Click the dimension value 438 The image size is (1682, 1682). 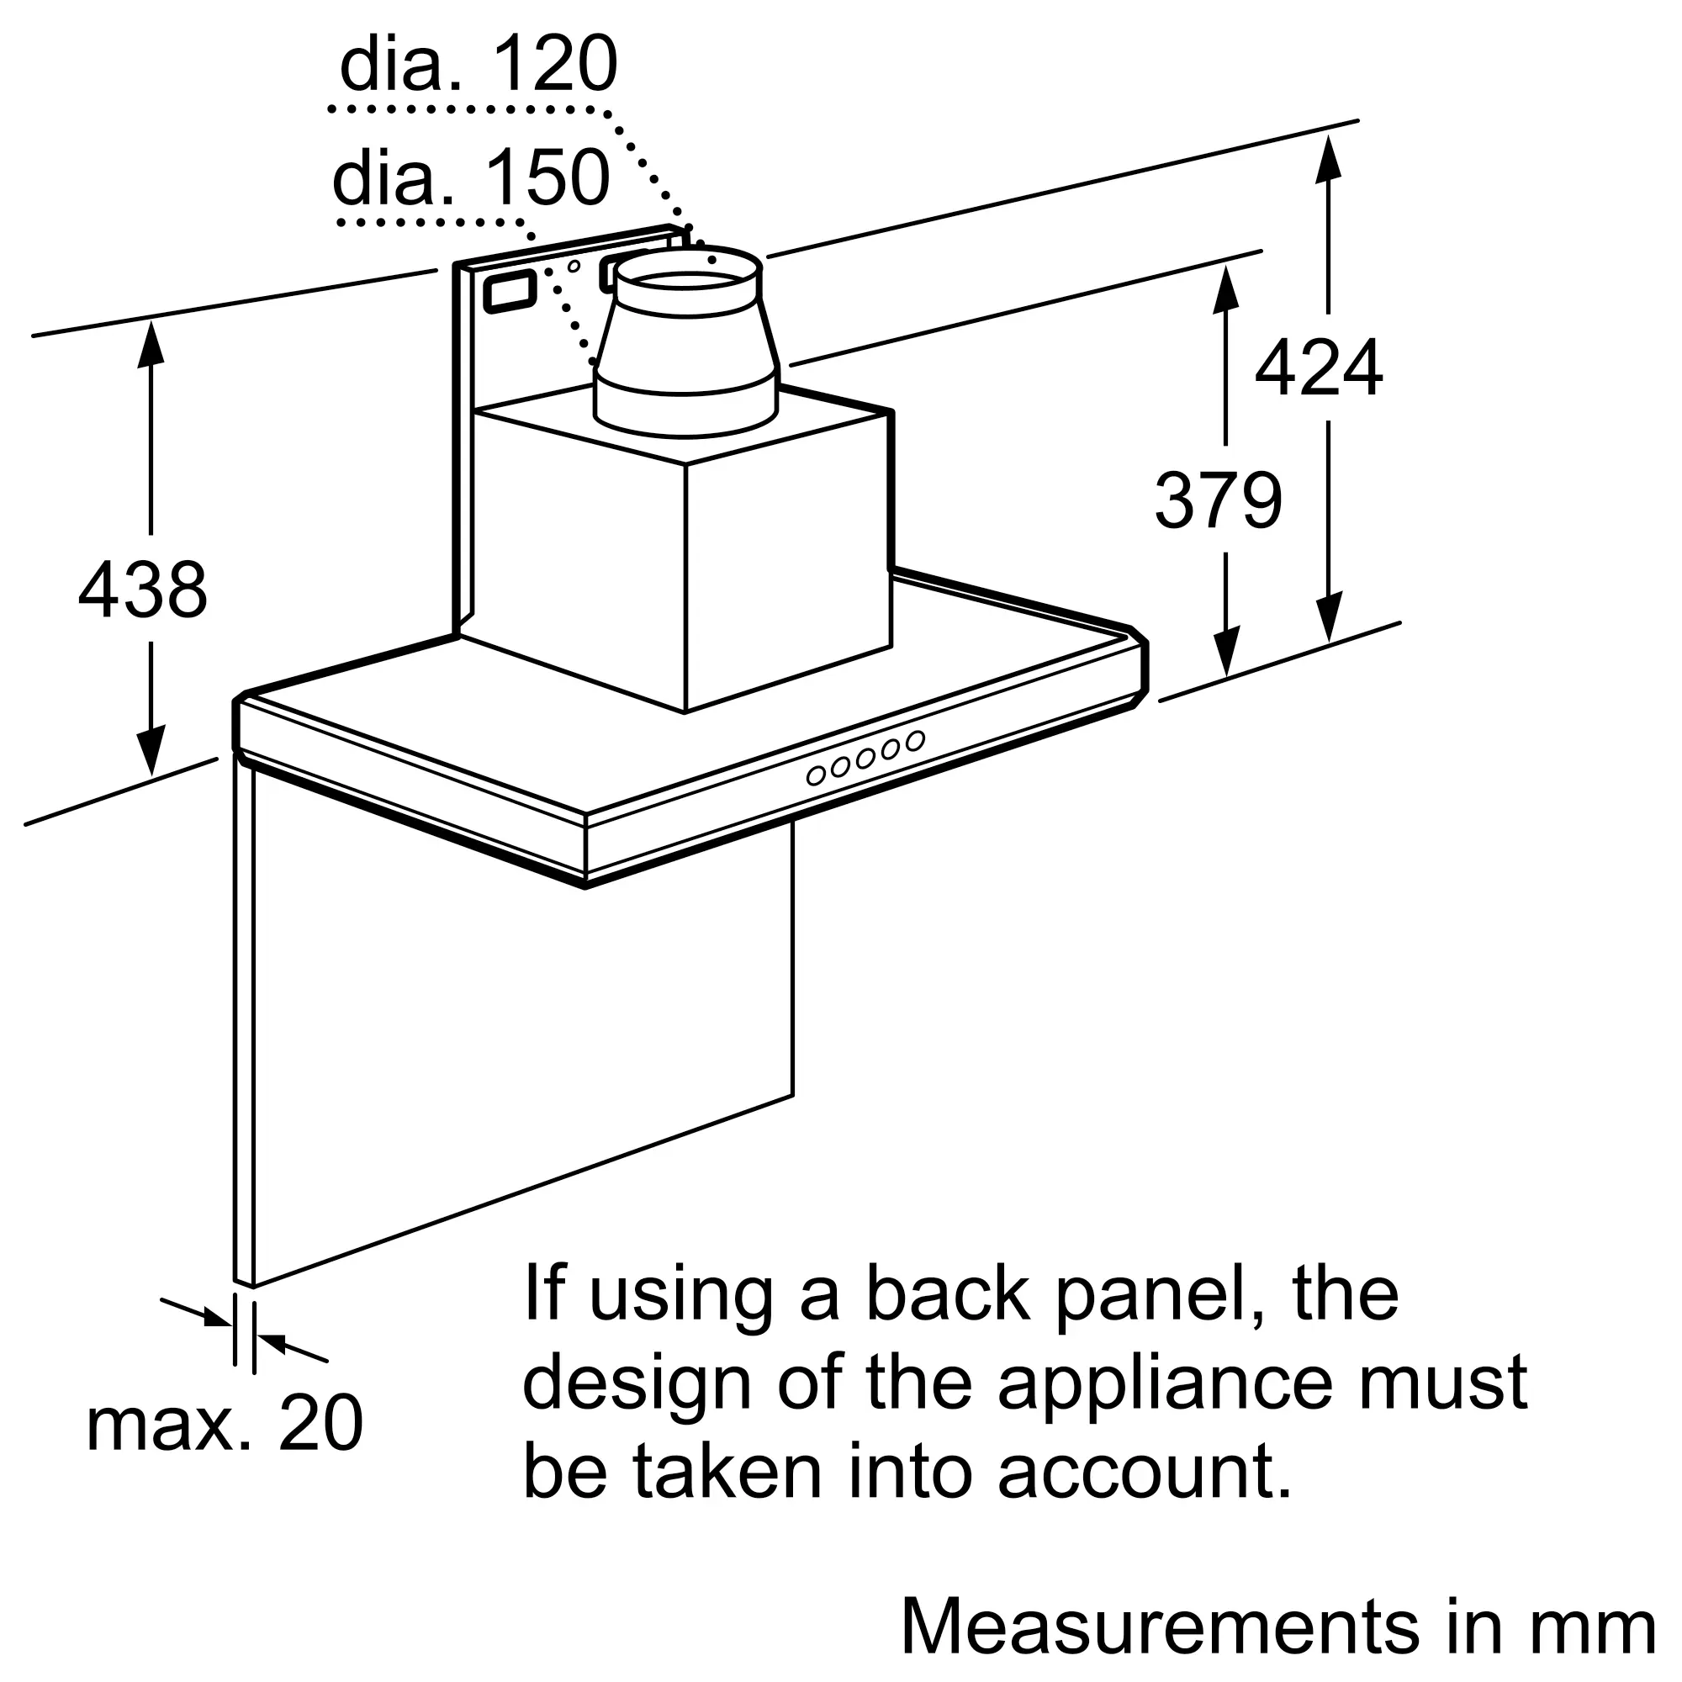click(143, 590)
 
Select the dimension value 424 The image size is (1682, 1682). click(1318, 368)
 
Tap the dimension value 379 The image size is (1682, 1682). click(1218, 500)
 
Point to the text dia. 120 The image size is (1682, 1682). click(478, 64)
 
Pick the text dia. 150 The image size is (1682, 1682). click(471, 177)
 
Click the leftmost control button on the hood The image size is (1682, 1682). click(816, 775)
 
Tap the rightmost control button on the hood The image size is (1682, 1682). click(914, 741)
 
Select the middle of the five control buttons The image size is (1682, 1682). click(865, 759)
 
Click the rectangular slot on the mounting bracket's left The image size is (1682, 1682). click(510, 292)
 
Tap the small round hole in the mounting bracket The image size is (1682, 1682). click(574, 266)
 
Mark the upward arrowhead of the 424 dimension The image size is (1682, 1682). click(1328, 158)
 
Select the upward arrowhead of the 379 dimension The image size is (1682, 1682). click(1225, 287)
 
